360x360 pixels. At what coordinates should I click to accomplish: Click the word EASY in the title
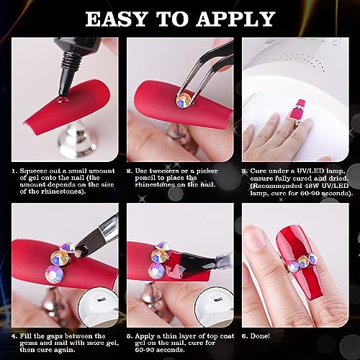click(117, 19)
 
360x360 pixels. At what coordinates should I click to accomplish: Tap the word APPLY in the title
click(236, 19)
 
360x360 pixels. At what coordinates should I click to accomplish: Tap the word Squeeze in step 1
click(33, 171)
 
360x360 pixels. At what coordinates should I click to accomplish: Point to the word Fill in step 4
click(25, 336)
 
